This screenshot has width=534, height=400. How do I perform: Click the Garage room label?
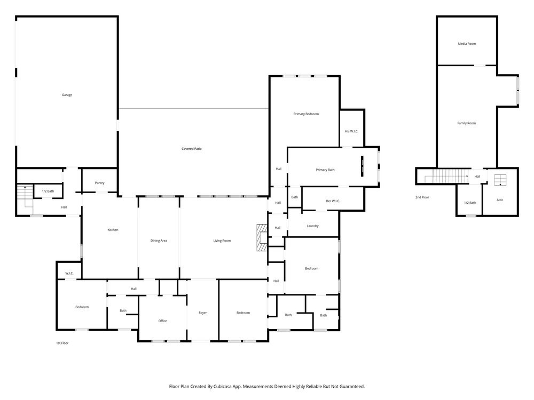67,95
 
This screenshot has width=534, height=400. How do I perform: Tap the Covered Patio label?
191,149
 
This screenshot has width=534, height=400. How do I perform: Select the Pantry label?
99,183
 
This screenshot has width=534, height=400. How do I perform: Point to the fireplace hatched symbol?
262,237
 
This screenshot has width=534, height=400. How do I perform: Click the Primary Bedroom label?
306,114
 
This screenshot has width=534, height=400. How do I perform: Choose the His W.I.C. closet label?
351,131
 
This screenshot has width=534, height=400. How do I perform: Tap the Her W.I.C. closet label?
333,201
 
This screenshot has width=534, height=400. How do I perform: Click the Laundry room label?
312,226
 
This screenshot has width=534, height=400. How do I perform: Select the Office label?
162,321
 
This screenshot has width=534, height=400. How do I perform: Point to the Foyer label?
202,313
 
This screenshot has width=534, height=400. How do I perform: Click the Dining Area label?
159,241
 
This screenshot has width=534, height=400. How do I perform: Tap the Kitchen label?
113,230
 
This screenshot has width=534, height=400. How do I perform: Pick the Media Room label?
467,44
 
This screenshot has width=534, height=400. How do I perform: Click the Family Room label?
467,123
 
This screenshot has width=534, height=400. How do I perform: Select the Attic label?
500,200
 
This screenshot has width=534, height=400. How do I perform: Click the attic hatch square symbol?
500,180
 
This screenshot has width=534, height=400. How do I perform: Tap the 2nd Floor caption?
422,197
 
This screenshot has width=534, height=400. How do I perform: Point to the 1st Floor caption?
62,343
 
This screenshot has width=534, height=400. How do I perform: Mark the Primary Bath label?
325,170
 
